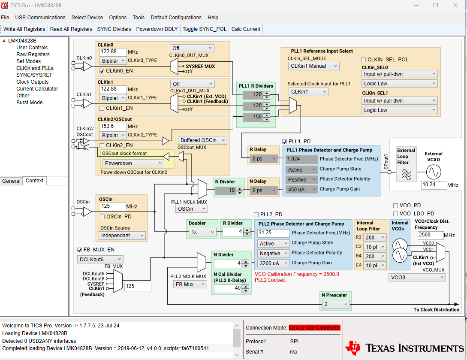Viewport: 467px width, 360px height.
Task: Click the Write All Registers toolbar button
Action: (x=24, y=29)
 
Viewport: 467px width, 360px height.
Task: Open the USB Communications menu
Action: (x=40, y=18)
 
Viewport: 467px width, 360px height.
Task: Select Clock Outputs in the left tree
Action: (x=33, y=82)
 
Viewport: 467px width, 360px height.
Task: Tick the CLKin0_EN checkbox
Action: (x=102, y=71)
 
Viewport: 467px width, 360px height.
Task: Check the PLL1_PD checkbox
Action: (x=285, y=142)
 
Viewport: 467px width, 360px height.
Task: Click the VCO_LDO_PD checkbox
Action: (x=396, y=214)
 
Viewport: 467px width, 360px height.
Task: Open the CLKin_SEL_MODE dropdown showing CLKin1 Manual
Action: (x=313, y=66)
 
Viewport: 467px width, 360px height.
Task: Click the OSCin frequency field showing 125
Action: (x=112, y=206)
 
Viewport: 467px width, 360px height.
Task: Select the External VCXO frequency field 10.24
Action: (x=434, y=185)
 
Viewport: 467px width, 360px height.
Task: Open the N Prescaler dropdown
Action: (x=336, y=304)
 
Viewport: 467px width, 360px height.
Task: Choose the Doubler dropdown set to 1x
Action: (x=202, y=232)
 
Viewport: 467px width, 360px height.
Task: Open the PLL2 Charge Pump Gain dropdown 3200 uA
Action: (x=274, y=263)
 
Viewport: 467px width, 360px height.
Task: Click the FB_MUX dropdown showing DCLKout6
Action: (x=100, y=259)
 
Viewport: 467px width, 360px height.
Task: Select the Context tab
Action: (x=35, y=181)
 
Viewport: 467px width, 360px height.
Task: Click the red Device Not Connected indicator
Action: (x=314, y=328)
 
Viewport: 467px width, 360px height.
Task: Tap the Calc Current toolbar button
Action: (x=246, y=29)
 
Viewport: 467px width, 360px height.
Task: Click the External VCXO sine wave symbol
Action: (x=434, y=172)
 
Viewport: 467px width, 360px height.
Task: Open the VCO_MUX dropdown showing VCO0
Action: (x=417, y=278)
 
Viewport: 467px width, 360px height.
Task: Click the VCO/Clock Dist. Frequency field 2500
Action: (x=430, y=236)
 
